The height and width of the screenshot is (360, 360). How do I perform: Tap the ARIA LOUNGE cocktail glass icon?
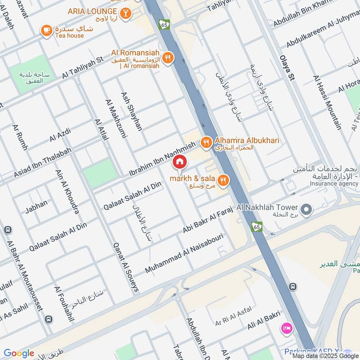click(126, 13)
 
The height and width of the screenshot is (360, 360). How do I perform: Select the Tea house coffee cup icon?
click(45, 31)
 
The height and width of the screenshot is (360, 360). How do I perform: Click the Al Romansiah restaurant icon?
click(168, 57)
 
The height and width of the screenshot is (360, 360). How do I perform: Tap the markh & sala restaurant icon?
click(223, 180)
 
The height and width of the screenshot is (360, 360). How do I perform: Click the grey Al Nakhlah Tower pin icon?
click(306, 209)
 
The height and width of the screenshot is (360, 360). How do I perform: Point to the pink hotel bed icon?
click(286, 328)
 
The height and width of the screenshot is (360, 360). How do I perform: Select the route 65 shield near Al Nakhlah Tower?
click(257, 227)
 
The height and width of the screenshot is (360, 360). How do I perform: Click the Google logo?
click(19, 353)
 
